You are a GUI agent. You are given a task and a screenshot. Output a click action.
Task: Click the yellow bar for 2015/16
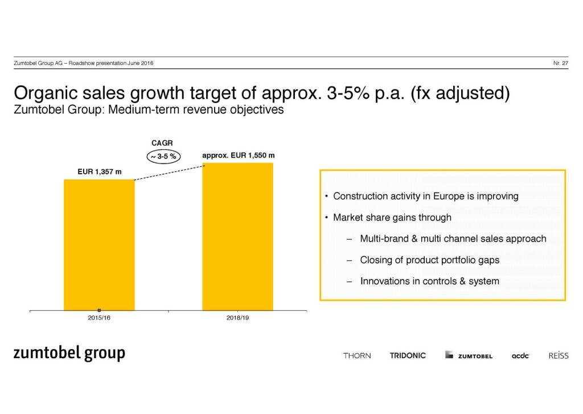[99, 245]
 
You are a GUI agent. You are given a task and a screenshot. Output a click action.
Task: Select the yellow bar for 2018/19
[238, 236]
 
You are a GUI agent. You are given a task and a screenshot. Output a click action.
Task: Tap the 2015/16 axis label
[99, 318]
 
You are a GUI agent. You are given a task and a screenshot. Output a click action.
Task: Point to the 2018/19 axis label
[238, 318]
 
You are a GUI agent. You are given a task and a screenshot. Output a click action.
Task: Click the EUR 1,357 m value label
[100, 171]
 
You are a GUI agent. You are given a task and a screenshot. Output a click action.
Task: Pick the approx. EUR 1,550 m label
[239, 155]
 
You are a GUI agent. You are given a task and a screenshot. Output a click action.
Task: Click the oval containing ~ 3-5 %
[163, 156]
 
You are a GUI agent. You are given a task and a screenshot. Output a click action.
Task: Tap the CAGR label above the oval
[162, 142]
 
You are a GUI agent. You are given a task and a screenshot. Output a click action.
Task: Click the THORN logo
[357, 356]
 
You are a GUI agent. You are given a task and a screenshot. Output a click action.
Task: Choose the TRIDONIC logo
[408, 356]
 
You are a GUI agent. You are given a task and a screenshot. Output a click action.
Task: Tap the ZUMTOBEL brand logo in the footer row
[469, 356]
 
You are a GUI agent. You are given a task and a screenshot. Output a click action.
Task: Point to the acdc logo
[520, 356]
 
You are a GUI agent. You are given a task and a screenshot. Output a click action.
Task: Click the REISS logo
[559, 356]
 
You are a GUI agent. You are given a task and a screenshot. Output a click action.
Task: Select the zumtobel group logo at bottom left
[69, 354]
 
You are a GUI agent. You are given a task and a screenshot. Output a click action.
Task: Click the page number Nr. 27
[560, 63]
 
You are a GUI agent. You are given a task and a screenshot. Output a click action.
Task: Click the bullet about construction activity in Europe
[425, 196]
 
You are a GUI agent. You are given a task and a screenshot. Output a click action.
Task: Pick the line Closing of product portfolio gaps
[429, 260]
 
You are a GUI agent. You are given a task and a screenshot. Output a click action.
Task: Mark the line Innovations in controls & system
[429, 281]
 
